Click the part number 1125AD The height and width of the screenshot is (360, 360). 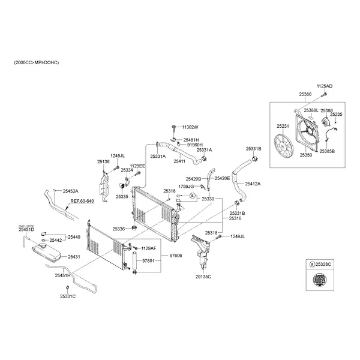click(x=325, y=86)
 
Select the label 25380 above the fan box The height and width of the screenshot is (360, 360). click(x=305, y=95)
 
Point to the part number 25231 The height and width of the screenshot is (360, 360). click(x=283, y=126)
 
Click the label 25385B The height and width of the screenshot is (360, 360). click(x=327, y=152)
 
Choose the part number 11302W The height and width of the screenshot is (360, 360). click(x=190, y=127)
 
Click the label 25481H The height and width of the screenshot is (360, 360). click(x=191, y=139)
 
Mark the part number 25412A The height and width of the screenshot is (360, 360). click(x=253, y=184)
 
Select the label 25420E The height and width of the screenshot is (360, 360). click(x=222, y=179)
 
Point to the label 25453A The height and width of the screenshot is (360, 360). click(x=70, y=191)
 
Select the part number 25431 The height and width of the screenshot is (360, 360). click(x=74, y=256)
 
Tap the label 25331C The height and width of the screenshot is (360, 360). click(x=68, y=296)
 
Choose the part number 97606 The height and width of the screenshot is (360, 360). click(x=175, y=256)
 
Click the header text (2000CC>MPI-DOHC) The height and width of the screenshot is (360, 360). click(x=37, y=62)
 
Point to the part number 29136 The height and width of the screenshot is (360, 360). click(x=103, y=161)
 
